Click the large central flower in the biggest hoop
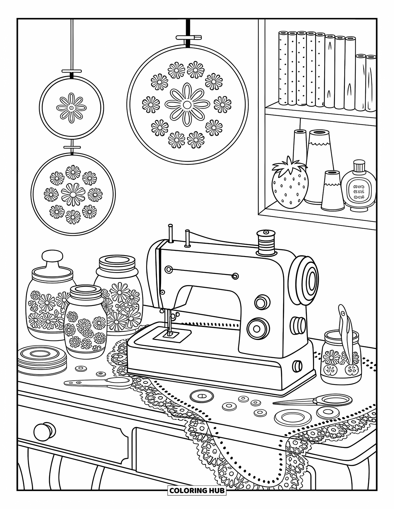tap(186, 105)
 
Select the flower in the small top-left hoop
tap(71, 107)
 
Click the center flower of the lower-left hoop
tap(73, 194)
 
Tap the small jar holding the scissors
tap(340, 358)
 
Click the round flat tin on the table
tap(42, 359)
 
